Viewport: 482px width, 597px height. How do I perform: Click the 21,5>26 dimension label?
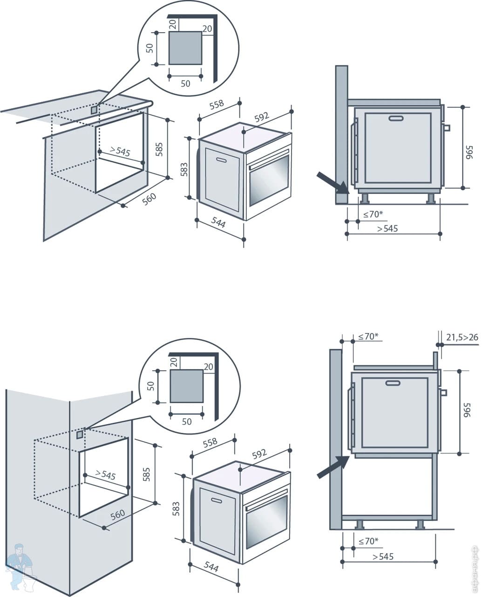coord(462,337)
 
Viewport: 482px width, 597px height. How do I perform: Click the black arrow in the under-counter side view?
coord(332,182)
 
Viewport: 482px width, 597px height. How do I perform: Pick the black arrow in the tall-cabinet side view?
coord(333,467)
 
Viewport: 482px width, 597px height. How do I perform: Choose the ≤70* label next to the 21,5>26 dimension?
coord(368,336)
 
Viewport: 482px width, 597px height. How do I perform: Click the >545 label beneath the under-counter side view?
coord(387,229)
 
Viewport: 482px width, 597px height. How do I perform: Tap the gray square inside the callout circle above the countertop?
coord(185,48)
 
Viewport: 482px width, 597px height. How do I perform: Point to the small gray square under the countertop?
coord(95,110)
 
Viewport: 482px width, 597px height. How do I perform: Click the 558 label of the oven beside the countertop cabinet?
coord(216,105)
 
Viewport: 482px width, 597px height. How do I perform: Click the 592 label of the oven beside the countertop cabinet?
coord(262,117)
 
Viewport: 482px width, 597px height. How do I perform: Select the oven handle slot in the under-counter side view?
coord(396,118)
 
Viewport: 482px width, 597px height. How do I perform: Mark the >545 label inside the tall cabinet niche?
coord(105,475)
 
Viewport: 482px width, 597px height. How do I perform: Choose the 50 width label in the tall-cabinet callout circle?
coord(186,422)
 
